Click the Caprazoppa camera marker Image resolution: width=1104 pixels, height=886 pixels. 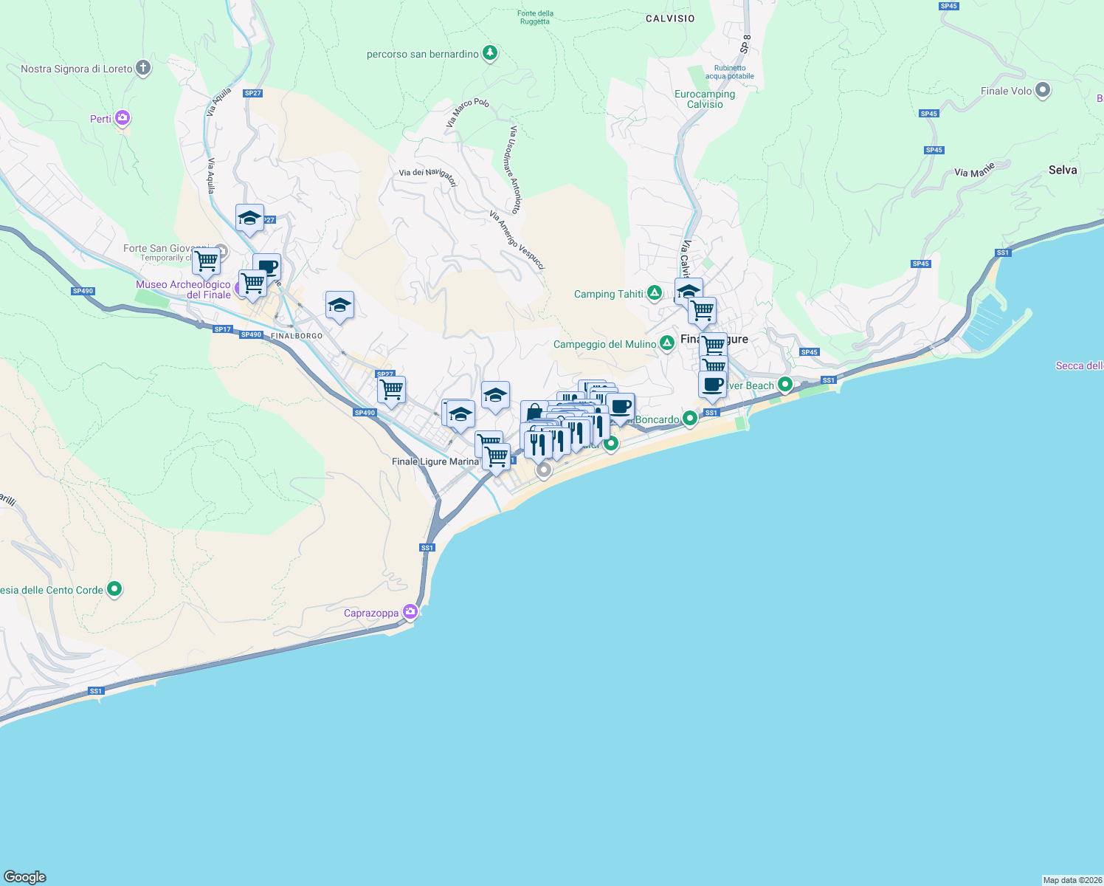click(x=410, y=612)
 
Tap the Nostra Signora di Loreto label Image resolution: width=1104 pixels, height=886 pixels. click(x=77, y=69)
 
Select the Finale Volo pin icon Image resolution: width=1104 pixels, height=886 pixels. click(x=1043, y=90)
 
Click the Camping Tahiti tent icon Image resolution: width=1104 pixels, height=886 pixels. click(x=655, y=293)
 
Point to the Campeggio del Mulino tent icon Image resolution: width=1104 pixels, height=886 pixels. click(x=666, y=343)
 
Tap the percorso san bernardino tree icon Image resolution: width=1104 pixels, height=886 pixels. click(x=489, y=53)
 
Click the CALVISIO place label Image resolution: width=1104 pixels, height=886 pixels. click(x=670, y=18)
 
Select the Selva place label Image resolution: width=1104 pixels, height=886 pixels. click(x=1063, y=170)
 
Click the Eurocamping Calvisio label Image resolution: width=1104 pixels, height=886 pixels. click(x=705, y=99)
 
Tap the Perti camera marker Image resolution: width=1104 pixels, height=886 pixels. click(x=123, y=118)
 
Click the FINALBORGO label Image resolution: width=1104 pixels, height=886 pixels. click(x=297, y=336)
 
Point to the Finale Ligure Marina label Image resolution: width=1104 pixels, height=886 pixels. click(x=435, y=461)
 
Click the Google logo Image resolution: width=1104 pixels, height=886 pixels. click(x=25, y=877)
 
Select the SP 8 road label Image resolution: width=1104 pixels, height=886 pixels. click(x=745, y=44)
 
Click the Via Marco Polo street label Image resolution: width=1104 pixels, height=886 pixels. click(x=467, y=112)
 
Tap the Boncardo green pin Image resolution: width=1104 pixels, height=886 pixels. click(x=689, y=419)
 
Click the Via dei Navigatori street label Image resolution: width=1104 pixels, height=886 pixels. click(x=428, y=176)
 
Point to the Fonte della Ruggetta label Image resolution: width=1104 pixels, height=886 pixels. click(x=535, y=17)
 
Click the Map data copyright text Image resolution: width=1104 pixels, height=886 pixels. click(x=1072, y=880)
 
